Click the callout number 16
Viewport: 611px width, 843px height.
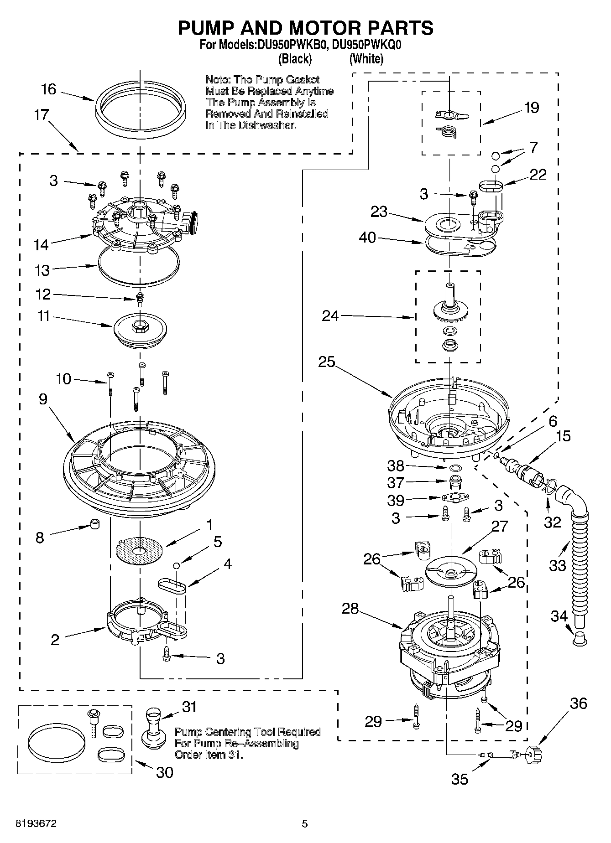point(48,89)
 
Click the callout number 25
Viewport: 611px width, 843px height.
point(327,362)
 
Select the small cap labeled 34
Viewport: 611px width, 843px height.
point(579,638)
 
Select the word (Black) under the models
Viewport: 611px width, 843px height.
point(295,58)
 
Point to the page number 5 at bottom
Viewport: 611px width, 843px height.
point(304,823)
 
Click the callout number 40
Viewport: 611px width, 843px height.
point(368,238)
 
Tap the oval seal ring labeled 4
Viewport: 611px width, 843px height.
point(172,586)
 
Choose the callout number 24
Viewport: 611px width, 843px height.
point(330,315)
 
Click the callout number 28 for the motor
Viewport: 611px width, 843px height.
point(350,609)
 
